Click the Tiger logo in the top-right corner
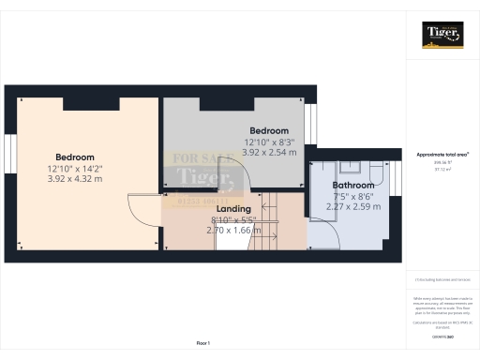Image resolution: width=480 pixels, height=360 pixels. (x=442, y=34)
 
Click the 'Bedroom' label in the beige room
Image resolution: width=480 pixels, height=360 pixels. (x=74, y=157)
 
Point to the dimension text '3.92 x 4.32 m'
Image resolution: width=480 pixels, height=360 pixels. (x=74, y=177)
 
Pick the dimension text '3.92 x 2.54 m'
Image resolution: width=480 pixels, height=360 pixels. (x=268, y=151)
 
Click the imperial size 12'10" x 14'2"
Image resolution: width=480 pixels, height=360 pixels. (x=74, y=167)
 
